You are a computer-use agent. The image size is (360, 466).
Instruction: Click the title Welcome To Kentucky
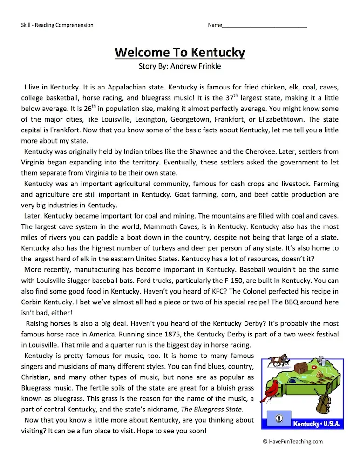click(180, 52)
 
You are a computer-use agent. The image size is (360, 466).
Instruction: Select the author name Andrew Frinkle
click(196, 66)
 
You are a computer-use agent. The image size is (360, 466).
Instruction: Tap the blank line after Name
click(265, 25)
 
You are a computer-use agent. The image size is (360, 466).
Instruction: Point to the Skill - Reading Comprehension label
click(57, 25)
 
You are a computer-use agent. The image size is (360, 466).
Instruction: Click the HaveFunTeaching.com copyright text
click(292, 441)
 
